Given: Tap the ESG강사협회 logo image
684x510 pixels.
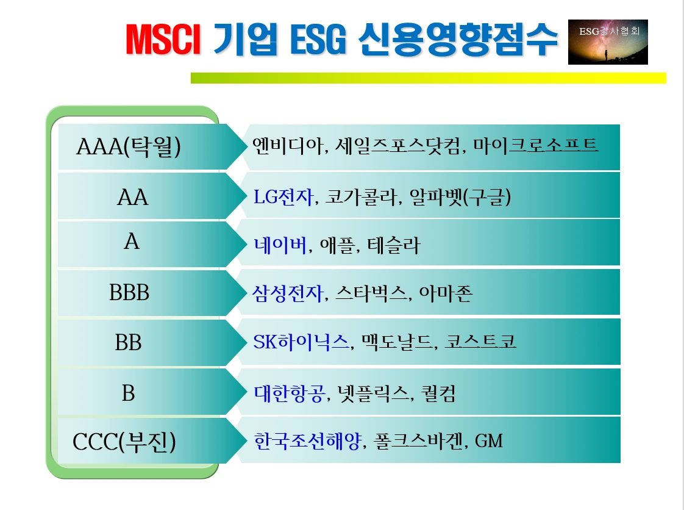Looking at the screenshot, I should pos(607,42).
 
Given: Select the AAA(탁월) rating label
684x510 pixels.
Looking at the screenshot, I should pos(129,147).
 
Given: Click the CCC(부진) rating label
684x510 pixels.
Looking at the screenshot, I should pos(124,442).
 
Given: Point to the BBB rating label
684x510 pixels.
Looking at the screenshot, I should pos(129,293).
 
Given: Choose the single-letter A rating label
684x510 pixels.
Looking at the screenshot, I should pos(132,243).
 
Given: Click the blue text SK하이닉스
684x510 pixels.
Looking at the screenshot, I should pos(302,342).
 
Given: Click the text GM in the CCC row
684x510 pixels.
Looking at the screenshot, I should pos(489,440).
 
